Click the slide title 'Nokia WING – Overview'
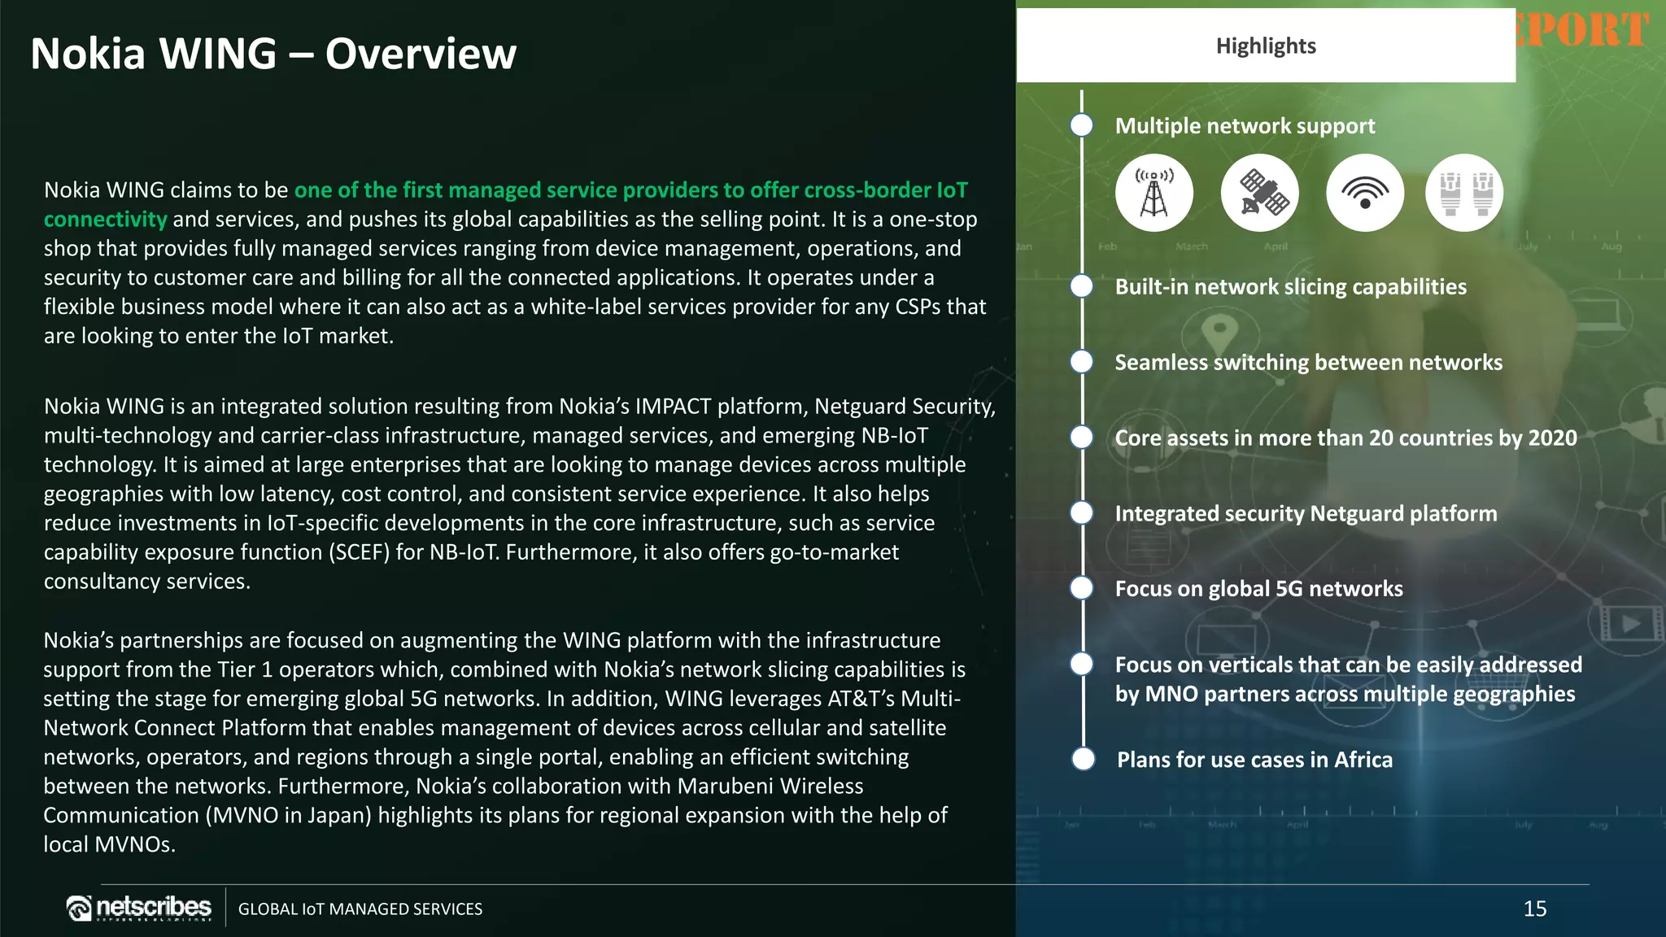(x=273, y=54)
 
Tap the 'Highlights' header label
(x=1266, y=46)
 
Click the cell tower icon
(x=1154, y=193)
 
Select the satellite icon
(x=1259, y=193)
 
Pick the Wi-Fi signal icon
(x=1365, y=193)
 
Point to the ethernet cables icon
(x=1464, y=193)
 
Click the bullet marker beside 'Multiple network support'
(x=1082, y=125)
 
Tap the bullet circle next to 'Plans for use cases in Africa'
(x=1084, y=759)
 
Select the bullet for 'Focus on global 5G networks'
(x=1082, y=588)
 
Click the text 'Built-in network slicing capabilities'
(x=1290, y=286)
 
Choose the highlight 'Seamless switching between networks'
(x=1308, y=362)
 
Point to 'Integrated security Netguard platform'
(x=1306, y=513)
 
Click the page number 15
(x=1534, y=909)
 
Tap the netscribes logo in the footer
(x=139, y=908)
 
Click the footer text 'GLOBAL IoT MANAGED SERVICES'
(x=360, y=909)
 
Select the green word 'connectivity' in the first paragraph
(x=105, y=220)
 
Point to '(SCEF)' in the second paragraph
(x=359, y=552)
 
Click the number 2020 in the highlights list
(x=1552, y=438)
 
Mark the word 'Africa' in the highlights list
(x=1363, y=760)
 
